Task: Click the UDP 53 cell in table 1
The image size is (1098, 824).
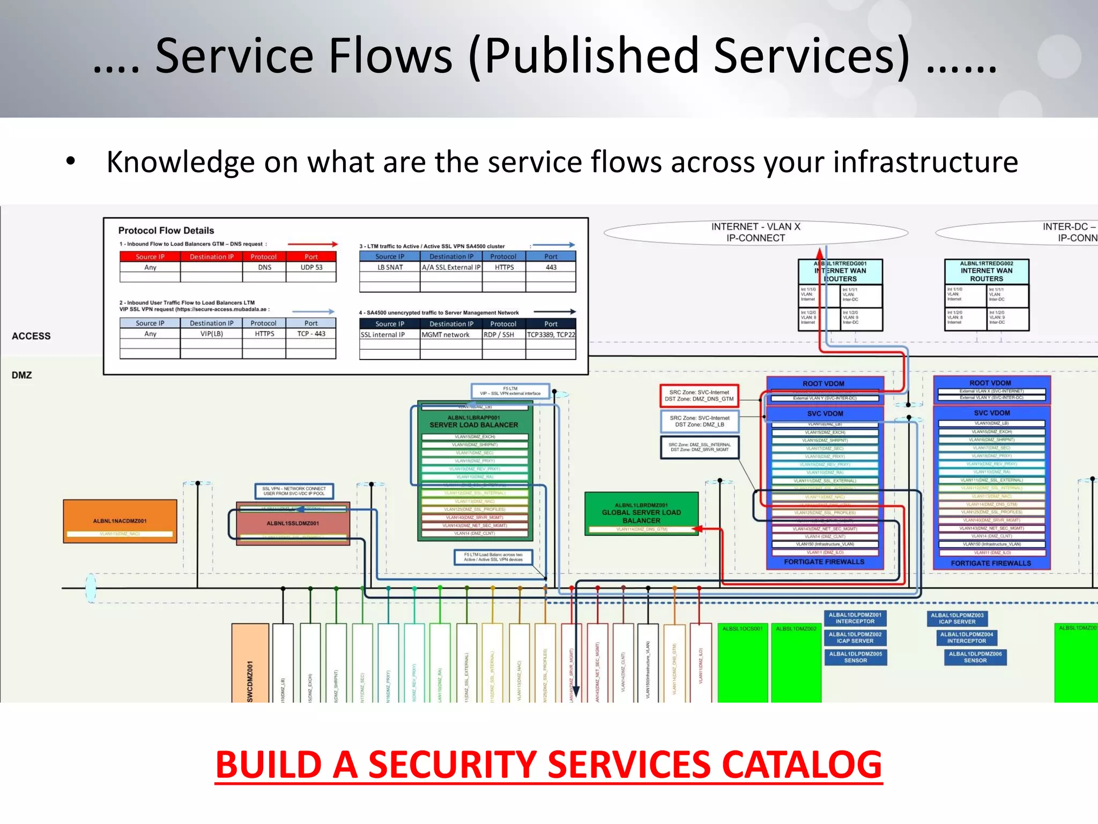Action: pyautogui.click(x=311, y=267)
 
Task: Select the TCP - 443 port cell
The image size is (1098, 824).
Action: pyautogui.click(x=311, y=334)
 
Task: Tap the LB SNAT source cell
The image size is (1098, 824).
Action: pyautogui.click(x=390, y=267)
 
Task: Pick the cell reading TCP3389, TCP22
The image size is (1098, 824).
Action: pyautogui.click(x=551, y=335)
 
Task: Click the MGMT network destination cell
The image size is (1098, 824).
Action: pyautogui.click(x=446, y=335)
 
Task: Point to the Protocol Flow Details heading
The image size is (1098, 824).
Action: pyautogui.click(x=166, y=231)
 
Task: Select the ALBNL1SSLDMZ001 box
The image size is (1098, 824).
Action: pyautogui.click(x=293, y=523)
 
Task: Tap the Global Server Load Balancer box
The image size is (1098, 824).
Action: pyautogui.click(x=641, y=513)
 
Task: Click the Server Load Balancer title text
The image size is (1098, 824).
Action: pyautogui.click(x=473, y=425)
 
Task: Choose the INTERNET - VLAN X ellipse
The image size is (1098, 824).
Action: pyautogui.click(x=755, y=232)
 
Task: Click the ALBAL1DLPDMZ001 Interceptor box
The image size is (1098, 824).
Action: pyautogui.click(x=855, y=618)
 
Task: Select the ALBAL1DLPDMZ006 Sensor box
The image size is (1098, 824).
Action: pyautogui.click(x=975, y=657)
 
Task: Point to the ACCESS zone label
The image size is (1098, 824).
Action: pyautogui.click(x=31, y=336)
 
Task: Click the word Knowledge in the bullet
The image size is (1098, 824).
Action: pyautogui.click(x=180, y=163)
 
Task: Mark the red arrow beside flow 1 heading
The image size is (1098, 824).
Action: pyautogui.click(x=313, y=244)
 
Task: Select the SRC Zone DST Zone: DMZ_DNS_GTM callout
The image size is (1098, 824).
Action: pyautogui.click(x=699, y=396)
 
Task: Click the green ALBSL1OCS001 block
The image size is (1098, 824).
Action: pyautogui.click(x=742, y=663)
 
